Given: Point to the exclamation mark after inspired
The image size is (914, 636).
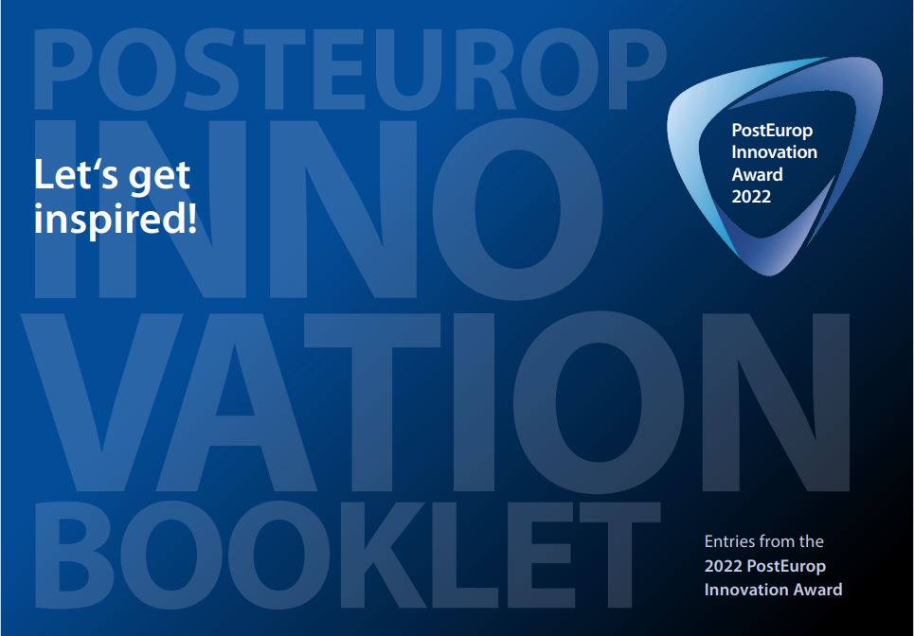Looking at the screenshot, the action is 191,219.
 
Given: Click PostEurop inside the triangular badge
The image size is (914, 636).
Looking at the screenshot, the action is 772,131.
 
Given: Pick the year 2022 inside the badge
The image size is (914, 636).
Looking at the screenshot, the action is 751,197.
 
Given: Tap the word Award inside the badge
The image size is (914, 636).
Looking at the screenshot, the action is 757,175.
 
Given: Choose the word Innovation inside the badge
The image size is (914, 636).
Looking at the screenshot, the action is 774,152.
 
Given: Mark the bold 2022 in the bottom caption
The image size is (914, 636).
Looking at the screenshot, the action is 724,566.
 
